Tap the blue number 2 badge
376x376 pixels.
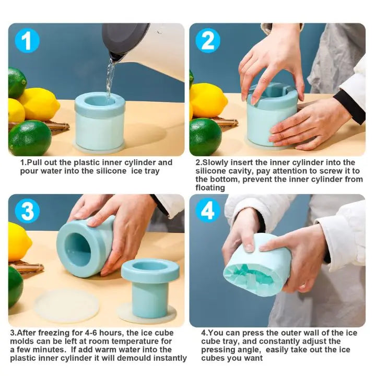[x=207, y=40]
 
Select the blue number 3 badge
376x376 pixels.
[x=27, y=211]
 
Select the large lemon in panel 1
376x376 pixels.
[x=39, y=103]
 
